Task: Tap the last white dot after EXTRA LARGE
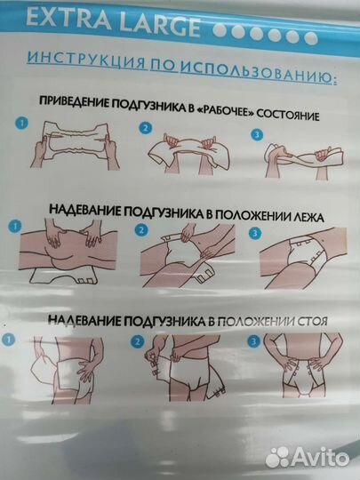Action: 309,38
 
